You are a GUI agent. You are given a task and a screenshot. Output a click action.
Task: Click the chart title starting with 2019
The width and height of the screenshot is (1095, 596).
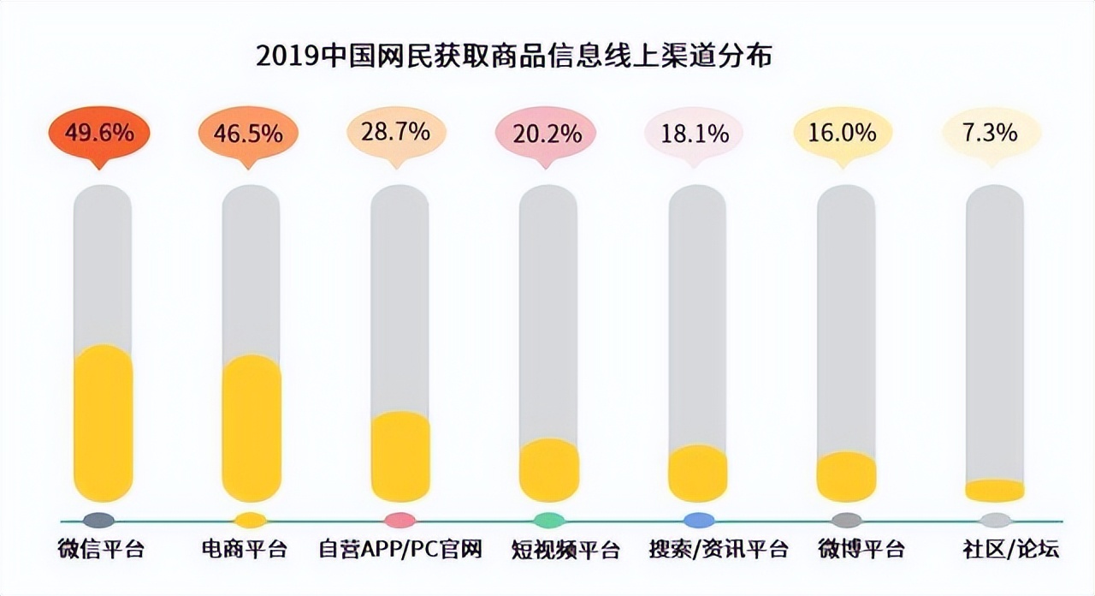514,57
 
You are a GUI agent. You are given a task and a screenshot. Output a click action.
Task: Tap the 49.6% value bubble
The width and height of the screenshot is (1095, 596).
98,134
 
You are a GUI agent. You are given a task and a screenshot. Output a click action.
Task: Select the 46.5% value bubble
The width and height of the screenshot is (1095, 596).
248,134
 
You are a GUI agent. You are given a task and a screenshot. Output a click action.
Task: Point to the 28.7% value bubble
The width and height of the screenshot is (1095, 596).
396,134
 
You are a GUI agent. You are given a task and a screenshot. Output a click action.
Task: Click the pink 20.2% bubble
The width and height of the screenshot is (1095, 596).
547,134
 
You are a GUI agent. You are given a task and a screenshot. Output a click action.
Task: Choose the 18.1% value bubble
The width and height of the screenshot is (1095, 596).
694,134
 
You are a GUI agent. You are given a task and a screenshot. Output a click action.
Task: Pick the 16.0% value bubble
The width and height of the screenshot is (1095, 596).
843,134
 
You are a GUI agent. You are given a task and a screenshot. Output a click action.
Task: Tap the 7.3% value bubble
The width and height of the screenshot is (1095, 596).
991,134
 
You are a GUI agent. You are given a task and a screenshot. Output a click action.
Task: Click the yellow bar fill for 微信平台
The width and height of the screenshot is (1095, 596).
104,424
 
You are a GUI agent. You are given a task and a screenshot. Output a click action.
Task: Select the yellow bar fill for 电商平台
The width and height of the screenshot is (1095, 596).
252,428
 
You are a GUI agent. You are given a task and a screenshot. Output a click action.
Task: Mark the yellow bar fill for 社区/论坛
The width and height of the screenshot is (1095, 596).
994,491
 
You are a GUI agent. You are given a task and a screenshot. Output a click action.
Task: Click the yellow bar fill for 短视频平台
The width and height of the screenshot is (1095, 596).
549,470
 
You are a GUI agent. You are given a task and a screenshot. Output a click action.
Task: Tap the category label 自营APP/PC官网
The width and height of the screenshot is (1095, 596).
400,549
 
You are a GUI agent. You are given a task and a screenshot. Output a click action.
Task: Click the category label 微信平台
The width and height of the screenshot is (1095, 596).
101,549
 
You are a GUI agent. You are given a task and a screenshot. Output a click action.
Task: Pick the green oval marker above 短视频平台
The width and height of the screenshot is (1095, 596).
548,520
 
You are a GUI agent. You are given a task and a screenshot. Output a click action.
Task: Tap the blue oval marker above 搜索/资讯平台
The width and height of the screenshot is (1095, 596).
698,520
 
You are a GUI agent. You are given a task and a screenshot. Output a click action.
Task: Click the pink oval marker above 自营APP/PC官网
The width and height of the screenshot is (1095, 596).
400,520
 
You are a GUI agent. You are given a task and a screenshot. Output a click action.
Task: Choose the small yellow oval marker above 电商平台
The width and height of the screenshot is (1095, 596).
251,520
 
